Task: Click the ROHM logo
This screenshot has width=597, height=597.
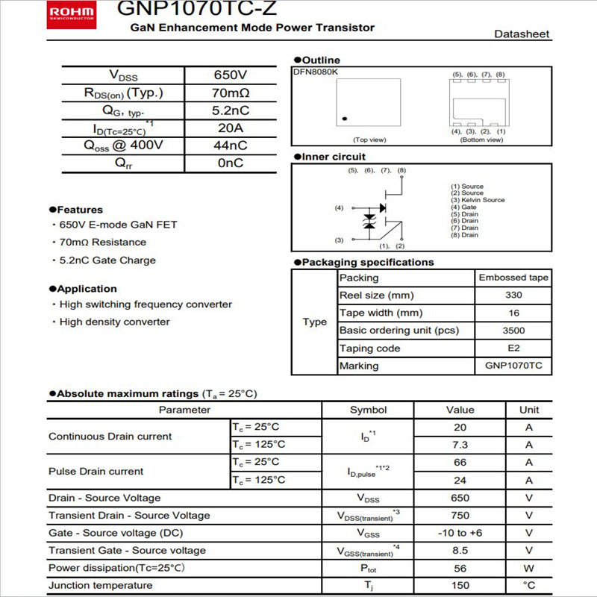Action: (x=73, y=11)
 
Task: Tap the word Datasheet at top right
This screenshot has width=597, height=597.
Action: (x=522, y=34)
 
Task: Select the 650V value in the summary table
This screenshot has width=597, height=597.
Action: (x=230, y=75)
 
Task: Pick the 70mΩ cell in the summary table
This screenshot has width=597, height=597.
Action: (x=230, y=93)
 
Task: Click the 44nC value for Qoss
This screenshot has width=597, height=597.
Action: (x=230, y=146)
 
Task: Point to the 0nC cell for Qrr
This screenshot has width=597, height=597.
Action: (x=230, y=163)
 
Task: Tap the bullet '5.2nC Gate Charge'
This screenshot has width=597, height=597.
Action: (x=107, y=260)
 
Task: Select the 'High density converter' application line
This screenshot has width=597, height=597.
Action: (x=114, y=322)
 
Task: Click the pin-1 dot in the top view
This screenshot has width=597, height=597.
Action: (x=344, y=119)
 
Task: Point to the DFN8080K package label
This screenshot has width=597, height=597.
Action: (x=315, y=72)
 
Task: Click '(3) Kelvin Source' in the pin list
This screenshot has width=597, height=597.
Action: (x=478, y=200)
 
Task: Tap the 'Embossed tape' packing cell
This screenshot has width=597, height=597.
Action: (x=513, y=278)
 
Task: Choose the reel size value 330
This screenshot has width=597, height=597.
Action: (x=513, y=296)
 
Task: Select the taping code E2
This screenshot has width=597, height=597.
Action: (x=513, y=348)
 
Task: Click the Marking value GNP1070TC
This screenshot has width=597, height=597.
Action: (x=513, y=366)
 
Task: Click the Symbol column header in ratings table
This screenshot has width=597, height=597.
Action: (x=368, y=410)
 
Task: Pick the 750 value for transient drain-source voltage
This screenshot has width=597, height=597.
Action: (x=460, y=516)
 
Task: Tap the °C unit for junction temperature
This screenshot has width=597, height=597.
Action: (x=529, y=586)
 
